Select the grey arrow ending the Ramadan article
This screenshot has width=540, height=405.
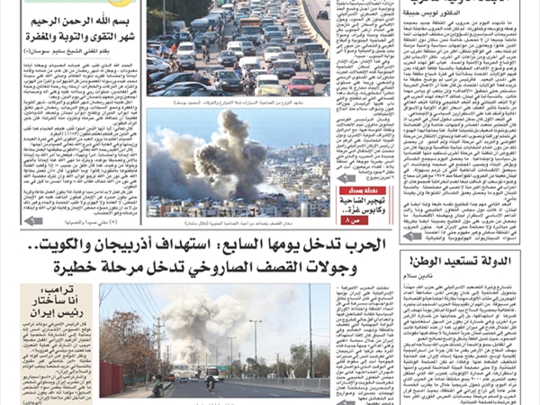(34, 220)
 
